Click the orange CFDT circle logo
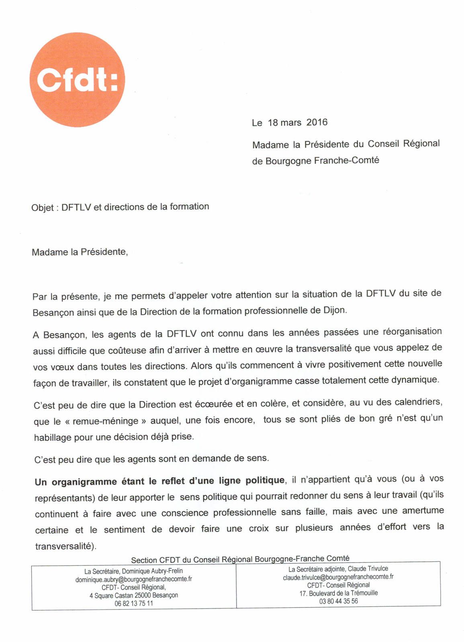click(x=77, y=79)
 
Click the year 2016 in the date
click(x=317, y=122)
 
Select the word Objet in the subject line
click(x=42, y=207)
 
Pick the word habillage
click(x=52, y=437)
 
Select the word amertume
click(x=423, y=510)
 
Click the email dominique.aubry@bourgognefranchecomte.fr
click(x=133, y=579)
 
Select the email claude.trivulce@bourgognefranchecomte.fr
click(x=338, y=577)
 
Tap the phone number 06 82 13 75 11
click(x=133, y=603)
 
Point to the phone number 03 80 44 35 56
click(x=338, y=601)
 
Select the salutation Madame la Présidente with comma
click(x=80, y=252)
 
